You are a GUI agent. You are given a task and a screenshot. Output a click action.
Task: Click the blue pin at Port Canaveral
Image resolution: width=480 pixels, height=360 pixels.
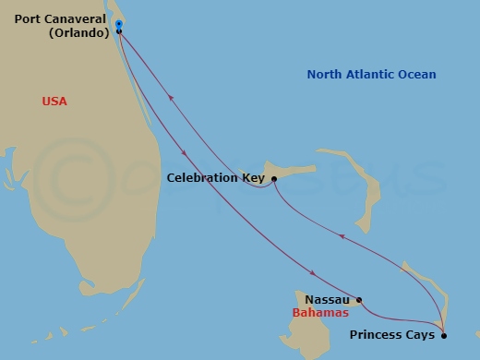click(119, 25)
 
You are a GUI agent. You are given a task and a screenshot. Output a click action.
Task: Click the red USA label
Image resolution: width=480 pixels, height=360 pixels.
click(54, 102)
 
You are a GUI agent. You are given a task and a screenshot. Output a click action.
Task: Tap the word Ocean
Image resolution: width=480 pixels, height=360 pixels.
click(418, 75)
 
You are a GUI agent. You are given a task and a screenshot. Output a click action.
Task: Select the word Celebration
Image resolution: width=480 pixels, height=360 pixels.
click(202, 178)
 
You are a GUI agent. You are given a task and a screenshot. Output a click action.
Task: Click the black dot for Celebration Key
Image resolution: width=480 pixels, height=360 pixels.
click(274, 178)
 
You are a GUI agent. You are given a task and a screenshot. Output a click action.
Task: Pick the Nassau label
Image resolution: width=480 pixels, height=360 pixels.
click(328, 300)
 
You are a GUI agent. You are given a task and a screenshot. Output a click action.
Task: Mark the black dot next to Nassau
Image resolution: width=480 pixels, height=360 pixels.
click(359, 300)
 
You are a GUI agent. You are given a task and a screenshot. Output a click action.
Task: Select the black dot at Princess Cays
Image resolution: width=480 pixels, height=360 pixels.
click(444, 335)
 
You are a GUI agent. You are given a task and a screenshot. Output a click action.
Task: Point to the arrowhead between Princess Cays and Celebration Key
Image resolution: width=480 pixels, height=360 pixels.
click(341, 236)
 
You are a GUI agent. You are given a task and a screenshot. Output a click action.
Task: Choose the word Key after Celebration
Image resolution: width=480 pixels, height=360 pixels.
click(253, 178)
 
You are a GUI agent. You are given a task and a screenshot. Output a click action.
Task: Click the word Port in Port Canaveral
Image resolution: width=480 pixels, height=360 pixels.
click(28, 18)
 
